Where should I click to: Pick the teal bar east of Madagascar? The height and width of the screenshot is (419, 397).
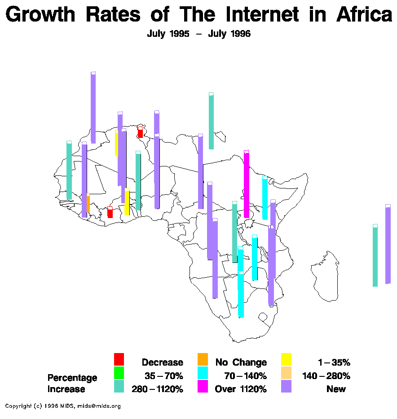pos(375,256)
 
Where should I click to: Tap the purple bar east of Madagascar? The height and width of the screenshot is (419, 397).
pos(388,244)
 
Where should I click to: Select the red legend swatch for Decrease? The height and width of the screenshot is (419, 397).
pos(119,359)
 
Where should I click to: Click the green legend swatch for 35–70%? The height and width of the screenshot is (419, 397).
pos(119,372)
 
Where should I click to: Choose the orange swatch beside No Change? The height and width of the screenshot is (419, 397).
pos(203,359)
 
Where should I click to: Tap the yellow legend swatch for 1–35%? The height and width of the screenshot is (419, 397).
pos(286,359)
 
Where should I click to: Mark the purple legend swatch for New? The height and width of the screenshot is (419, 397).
pos(286,386)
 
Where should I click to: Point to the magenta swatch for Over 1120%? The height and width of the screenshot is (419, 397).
pos(203,386)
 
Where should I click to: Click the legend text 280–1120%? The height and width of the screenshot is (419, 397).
pos(157,389)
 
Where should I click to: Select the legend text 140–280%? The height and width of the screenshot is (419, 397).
pos(326,375)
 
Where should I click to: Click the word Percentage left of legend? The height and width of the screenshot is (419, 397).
pos(72,378)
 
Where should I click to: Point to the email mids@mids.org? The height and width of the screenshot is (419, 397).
pos(99,406)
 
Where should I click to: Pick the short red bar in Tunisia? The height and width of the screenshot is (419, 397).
pos(140,132)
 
